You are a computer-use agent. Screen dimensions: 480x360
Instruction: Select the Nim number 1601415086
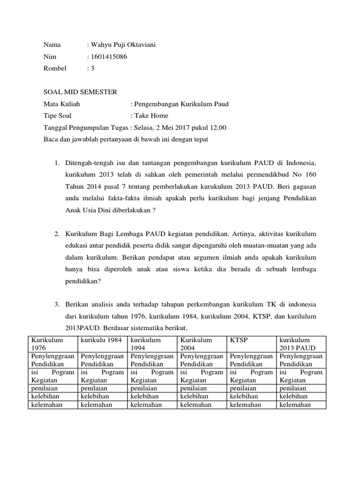click(109, 57)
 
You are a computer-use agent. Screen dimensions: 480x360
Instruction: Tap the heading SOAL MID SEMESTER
click(80, 92)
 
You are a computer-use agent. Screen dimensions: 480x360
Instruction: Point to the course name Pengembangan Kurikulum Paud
click(181, 104)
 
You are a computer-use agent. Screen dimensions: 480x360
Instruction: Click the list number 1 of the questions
click(56, 163)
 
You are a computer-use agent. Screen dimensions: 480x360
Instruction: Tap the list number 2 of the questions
click(56, 233)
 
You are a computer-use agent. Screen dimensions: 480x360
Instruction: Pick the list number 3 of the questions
click(56, 304)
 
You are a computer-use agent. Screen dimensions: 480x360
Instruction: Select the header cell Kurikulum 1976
click(47, 344)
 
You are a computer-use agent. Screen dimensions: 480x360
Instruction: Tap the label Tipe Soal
click(58, 115)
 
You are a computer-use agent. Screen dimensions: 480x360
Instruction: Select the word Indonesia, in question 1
click(300, 163)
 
